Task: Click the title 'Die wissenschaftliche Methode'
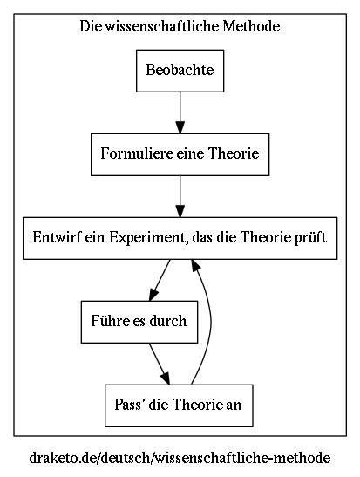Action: [x=180, y=27]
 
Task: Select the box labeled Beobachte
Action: [x=180, y=70]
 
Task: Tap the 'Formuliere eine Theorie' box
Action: [x=180, y=154]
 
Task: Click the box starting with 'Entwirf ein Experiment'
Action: [x=180, y=237]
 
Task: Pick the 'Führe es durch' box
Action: [x=139, y=321]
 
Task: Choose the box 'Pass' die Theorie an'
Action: [x=180, y=405]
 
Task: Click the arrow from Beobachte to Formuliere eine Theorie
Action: [x=180, y=112]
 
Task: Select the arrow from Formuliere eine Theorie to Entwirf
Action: [x=180, y=195]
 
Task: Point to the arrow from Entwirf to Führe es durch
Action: [x=160, y=279]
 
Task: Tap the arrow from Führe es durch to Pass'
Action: [x=159, y=363]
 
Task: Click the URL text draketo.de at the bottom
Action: [x=180, y=457]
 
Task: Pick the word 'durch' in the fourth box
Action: [x=167, y=321]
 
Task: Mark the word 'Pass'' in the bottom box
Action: [x=130, y=405]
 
